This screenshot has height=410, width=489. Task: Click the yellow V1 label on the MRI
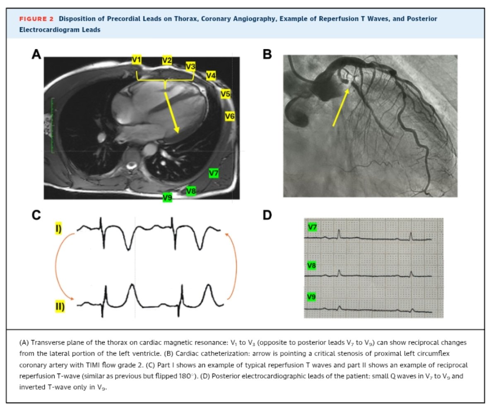(137, 60)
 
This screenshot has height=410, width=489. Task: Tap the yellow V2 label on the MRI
(167, 60)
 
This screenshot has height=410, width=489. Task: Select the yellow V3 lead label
(190, 66)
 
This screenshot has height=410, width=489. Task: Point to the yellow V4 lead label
(211, 75)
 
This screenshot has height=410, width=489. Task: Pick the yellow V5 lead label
(225, 94)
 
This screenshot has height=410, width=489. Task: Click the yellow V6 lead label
(230, 117)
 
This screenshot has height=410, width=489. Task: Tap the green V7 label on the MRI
(214, 173)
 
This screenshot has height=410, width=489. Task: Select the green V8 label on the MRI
(191, 191)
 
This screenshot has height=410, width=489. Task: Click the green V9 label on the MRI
(167, 198)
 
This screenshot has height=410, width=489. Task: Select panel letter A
(36, 55)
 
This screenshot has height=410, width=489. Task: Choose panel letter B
(267, 54)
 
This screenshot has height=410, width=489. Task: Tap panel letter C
(36, 215)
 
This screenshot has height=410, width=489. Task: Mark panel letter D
(267, 215)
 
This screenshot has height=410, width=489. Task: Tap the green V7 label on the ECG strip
(312, 227)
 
